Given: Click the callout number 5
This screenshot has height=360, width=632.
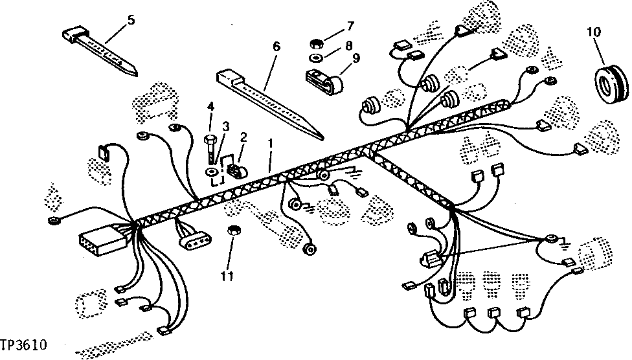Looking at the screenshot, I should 131,20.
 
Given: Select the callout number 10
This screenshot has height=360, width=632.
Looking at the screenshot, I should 594,31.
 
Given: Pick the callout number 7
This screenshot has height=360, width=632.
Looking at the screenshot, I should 350,26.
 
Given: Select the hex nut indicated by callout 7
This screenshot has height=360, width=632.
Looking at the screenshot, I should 317,45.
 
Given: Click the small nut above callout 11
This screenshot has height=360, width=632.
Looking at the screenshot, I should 234,231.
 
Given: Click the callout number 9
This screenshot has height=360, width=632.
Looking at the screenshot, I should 356,57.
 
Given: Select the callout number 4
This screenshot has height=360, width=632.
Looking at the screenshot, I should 210,106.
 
